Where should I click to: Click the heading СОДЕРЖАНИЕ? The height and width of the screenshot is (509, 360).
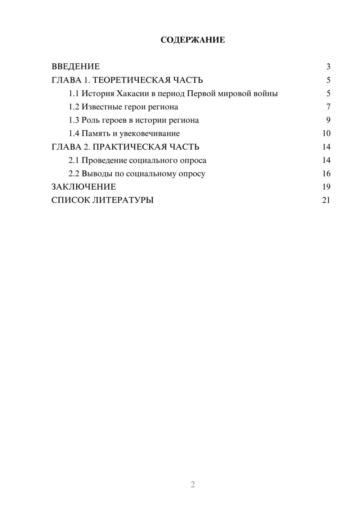[x=193, y=40]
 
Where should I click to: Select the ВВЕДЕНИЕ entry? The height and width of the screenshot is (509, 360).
[x=76, y=67]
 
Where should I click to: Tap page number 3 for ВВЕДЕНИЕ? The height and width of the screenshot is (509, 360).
[x=328, y=67]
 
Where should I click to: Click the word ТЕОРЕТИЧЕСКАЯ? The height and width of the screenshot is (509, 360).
[x=129, y=80]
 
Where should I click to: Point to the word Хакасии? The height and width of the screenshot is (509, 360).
[x=133, y=94]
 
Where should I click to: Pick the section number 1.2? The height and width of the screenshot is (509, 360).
[x=74, y=107]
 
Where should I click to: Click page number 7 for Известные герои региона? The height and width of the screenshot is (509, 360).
[x=328, y=107]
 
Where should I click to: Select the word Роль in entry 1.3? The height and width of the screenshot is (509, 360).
[x=90, y=120]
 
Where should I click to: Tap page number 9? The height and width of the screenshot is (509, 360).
[x=328, y=120]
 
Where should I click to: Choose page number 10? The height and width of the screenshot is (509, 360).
[x=326, y=134]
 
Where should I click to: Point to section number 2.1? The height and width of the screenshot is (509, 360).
[x=74, y=160]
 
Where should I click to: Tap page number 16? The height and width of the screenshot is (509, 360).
[x=326, y=174]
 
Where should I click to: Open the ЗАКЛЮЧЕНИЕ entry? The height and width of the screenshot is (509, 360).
[x=84, y=187]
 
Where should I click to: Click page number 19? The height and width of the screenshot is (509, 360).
[x=326, y=187]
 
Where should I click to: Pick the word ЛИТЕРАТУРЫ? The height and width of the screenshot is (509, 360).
[x=123, y=200]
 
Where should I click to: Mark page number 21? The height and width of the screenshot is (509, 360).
[x=326, y=200]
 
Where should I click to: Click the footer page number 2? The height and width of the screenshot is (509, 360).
[x=193, y=485]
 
